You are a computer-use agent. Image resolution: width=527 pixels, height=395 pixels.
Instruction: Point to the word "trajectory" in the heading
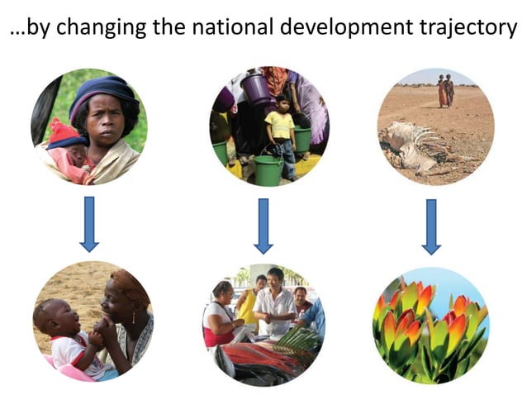[469, 27]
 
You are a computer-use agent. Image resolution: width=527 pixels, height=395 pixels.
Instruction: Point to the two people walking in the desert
[446, 90]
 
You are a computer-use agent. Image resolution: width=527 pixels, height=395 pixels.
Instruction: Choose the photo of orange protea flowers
[430, 326]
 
